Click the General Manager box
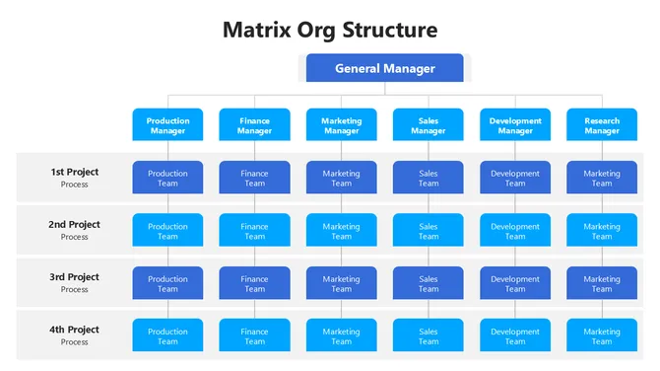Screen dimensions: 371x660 384,68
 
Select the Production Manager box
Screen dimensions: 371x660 167,125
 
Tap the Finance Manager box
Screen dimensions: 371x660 254,125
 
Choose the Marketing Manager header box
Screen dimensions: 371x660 341,125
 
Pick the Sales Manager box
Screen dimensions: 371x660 429,125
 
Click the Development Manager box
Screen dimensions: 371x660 515,125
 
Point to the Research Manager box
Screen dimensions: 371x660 602,125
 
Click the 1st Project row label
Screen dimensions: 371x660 75,177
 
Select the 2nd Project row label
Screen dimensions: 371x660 75,229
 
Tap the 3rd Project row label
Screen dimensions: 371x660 75,282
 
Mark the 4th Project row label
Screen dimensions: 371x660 75,334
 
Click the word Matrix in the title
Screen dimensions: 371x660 258,30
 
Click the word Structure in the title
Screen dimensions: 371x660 390,30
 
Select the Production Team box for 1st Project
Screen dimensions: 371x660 167,178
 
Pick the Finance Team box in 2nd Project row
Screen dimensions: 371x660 254,231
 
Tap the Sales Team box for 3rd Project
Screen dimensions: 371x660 429,283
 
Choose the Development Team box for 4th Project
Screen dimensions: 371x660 515,336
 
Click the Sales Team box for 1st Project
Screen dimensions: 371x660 429,178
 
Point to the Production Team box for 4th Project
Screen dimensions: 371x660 167,336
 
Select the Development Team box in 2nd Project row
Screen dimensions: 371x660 515,231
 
